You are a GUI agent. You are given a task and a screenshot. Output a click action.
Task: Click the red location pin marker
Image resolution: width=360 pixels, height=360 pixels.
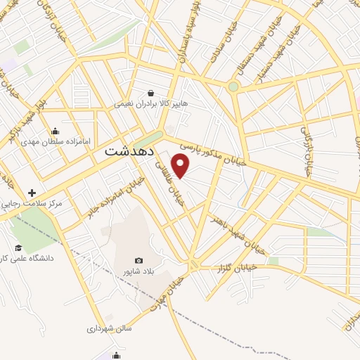point(181,165)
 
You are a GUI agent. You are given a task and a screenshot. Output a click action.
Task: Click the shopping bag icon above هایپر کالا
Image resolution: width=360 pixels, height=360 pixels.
point(150,92)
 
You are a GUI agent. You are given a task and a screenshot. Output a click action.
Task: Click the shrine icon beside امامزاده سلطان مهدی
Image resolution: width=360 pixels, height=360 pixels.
point(56,131)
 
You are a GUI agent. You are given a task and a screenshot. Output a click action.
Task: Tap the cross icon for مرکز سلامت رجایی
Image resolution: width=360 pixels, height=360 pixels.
point(32,192)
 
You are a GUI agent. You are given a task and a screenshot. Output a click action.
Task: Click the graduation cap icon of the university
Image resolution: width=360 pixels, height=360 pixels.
point(18,247)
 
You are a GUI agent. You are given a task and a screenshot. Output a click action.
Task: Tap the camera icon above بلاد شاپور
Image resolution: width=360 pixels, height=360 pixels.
point(139,261)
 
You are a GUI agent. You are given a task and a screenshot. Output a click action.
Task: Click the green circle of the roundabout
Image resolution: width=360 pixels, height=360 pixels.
point(233,86)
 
